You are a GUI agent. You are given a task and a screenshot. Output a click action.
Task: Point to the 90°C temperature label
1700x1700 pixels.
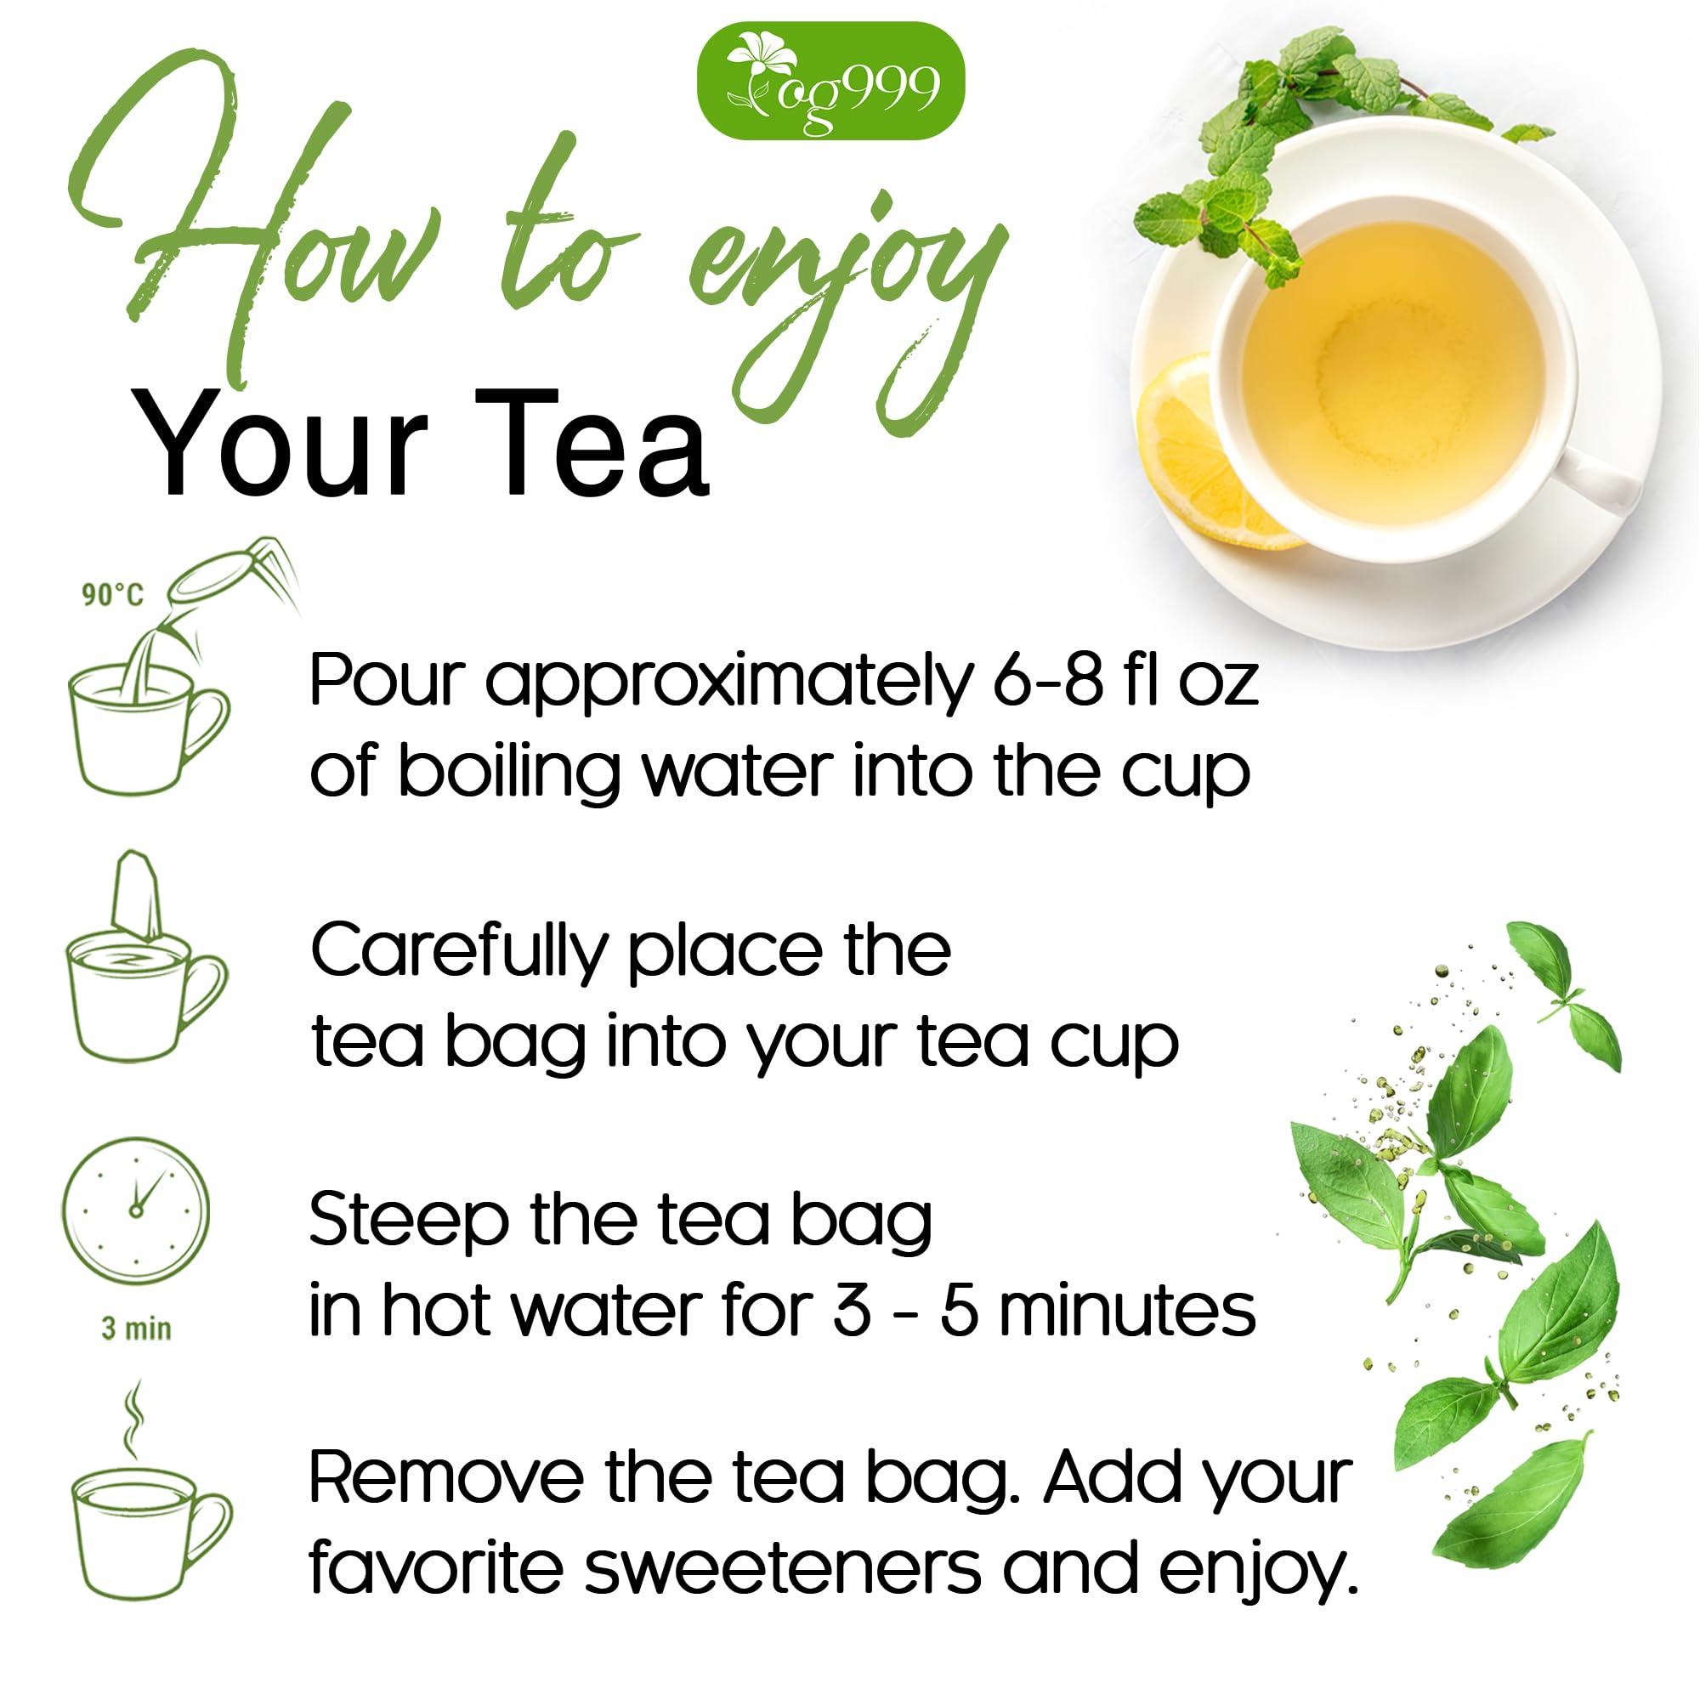[111, 596]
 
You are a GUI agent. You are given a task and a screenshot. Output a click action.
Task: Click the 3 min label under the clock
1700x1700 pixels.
[135, 1328]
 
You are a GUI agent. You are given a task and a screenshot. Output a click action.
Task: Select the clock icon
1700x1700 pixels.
[136, 1210]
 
